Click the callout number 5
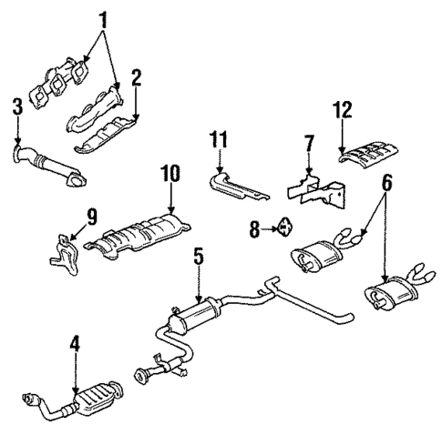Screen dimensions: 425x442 coord(197,258)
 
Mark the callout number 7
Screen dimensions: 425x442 coord(308,144)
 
